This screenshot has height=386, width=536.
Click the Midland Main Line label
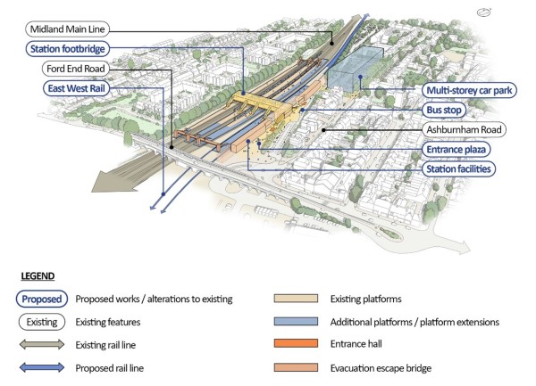68,29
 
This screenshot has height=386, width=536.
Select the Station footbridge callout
66,48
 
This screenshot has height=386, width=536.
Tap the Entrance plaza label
461,149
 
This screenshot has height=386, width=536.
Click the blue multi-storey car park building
356,70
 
